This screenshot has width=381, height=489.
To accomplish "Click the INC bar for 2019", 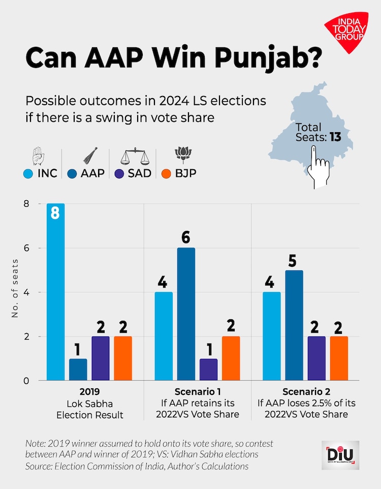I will coord(55,292).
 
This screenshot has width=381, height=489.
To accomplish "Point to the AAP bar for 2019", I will coord(78,369).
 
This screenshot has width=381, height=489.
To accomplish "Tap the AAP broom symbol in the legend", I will coord(90,155).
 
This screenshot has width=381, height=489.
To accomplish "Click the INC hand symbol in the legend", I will coord(39,156).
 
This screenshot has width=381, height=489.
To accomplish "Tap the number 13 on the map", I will coord(334,137).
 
